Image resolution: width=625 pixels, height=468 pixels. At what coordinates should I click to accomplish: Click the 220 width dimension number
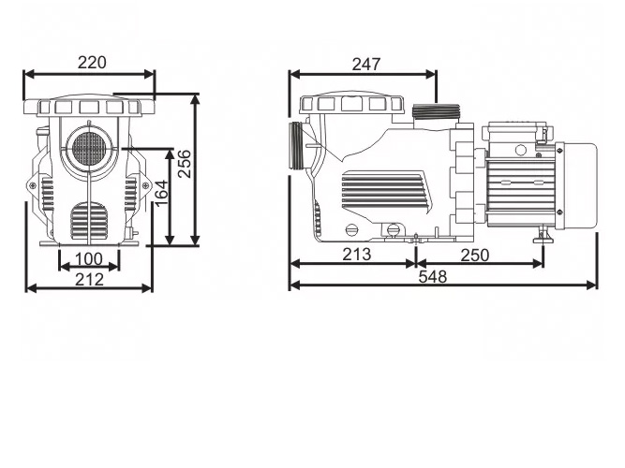pyautogui.click(x=91, y=63)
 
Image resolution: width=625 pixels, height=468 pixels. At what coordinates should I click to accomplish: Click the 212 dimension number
pyautogui.click(x=89, y=278)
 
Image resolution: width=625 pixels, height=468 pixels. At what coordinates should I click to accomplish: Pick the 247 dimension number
pyautogui.click(x=366, y=64)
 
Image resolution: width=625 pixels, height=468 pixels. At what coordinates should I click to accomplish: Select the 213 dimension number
pyautogui.click(x=355, y=254)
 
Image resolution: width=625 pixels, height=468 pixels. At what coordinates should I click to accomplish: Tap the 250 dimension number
pyautogui.click(x=474, y=254)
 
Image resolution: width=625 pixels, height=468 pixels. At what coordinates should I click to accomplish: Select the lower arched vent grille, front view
pyautogui.click(x=90, y=222)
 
